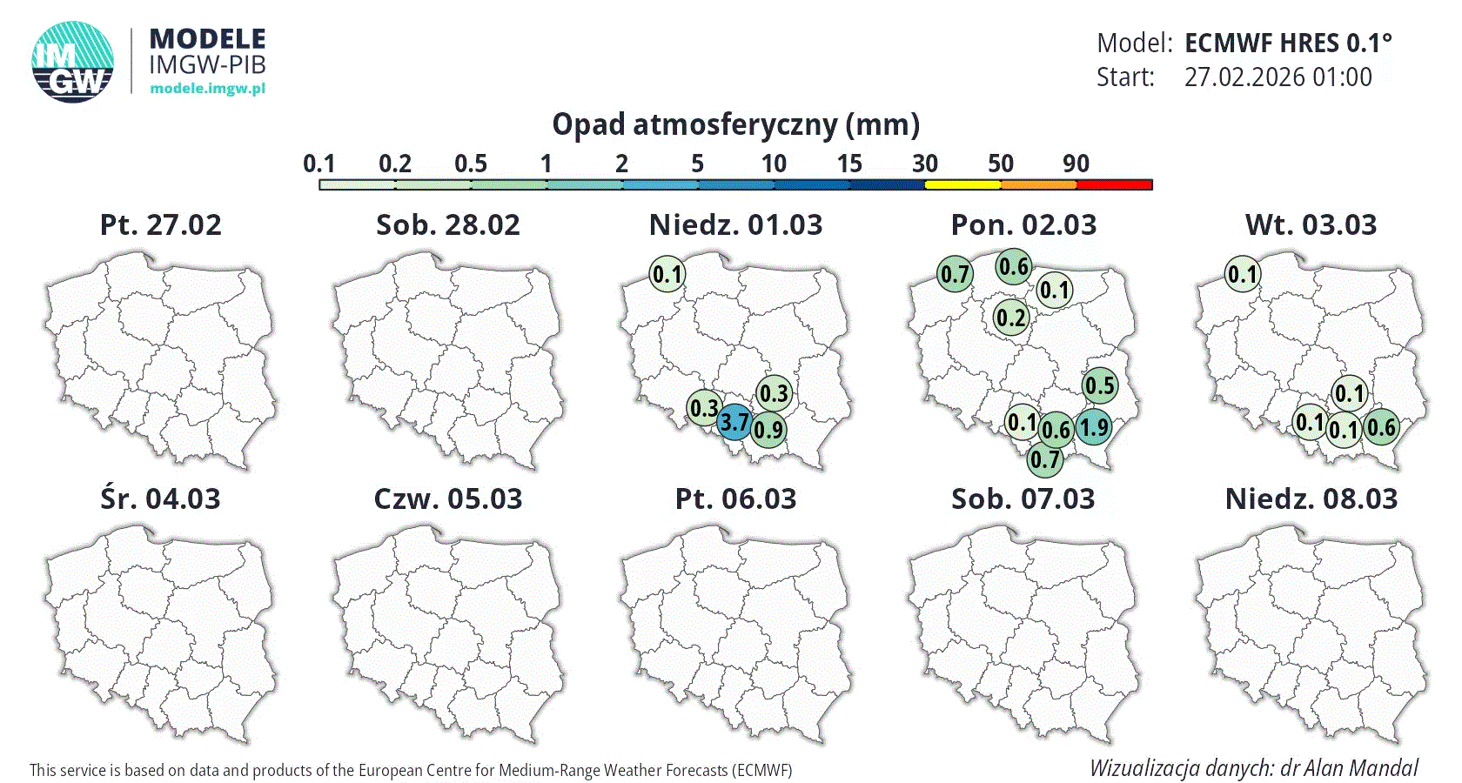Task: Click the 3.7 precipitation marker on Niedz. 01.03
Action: pos(734,422)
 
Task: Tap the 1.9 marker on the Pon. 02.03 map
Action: pos(1094,427)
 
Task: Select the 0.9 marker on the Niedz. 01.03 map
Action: pos(768,429)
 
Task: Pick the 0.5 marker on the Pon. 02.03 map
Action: pos(1100,385)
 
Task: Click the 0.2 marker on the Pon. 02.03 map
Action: pos(1011,318)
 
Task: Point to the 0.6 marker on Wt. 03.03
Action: pos(1381,427)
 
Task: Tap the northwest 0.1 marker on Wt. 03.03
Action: pos(1243,275)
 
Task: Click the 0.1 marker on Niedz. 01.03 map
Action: pos(667,275)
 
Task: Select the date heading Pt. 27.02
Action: pos(161,225)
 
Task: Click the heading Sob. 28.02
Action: pos(448,225)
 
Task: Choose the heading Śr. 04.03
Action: pos(161,499)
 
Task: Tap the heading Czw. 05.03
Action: pos(448,499)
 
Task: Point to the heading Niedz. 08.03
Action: pos(1311,499)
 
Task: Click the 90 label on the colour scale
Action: pos(1076,164)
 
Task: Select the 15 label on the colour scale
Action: pos(849,164)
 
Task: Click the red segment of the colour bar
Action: pos(1115,184)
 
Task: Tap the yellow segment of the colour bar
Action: pos(962,184)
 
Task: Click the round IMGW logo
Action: pos(73,62)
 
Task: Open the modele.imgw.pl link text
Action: pos(207,88)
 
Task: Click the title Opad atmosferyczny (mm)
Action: pos(736,125)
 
